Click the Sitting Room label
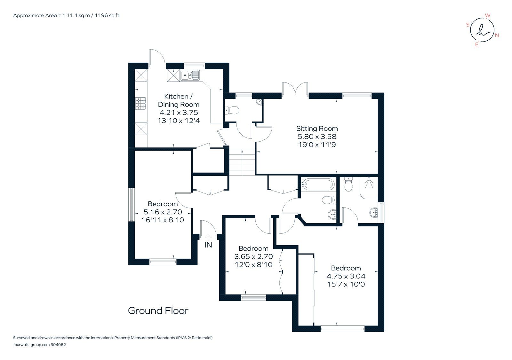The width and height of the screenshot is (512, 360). coord(317,129)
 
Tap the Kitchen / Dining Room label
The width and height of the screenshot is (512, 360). coord(179,100)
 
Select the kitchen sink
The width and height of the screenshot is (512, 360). coord(190,75)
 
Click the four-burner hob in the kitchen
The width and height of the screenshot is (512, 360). coord(141,103)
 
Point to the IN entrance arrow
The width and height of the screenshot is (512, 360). coord(208,238)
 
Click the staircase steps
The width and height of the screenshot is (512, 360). coord(242,162)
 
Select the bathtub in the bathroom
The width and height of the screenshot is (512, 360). coord(318,184)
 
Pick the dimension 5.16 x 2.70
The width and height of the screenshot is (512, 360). coord(163,212)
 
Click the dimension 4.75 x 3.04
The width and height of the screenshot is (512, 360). coord(346,276)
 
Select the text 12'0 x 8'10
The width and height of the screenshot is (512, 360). coord(253,264)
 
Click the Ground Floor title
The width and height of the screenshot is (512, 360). coord(158,310)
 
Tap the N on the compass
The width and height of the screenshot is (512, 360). coord(497,35)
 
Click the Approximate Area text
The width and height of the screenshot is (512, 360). coord(66,15)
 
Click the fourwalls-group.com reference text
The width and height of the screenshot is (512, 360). coord(39,345)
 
